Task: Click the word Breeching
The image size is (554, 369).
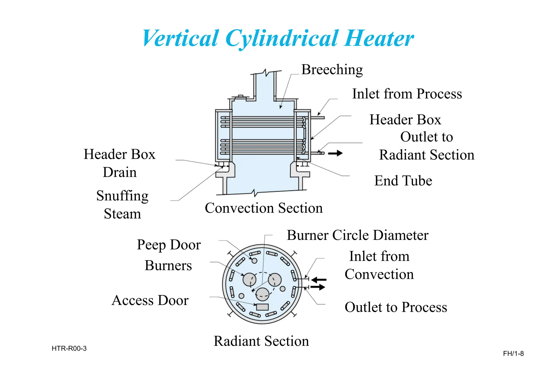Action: pos(332,70)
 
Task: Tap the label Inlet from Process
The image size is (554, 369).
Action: pos(407,94)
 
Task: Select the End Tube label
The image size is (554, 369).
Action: pos(403,181)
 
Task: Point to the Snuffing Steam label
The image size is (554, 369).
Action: pos(122,204)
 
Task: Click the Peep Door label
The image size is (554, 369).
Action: pos(169,245)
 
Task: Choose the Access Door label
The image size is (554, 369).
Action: pos(150,300)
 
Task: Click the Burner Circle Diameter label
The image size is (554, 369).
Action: pos(357,235)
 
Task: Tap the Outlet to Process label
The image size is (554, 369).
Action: pos(396,307)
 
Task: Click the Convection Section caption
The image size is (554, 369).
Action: pos(264,208)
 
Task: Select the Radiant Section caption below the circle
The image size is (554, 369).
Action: pos(261,341)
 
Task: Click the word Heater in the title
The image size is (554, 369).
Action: pos(379,39)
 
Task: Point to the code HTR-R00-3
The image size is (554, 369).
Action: pos(69,349)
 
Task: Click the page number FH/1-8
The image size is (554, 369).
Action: pos(513,354)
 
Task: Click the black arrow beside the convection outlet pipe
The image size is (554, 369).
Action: pos(335,153)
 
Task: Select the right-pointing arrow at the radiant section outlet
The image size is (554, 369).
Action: pos(318,287)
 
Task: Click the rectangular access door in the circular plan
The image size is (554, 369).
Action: pos(262,307)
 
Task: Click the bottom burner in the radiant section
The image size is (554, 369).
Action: pos(262,294)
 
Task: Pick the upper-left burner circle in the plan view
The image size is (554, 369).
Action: pos(249,279)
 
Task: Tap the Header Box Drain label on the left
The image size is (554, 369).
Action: pos(120,163)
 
